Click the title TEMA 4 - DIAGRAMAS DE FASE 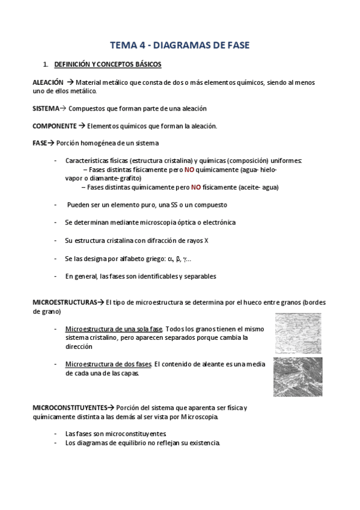point(180,45)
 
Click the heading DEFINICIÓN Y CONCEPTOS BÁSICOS point(107,64)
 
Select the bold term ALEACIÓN point(47,82)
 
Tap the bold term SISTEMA point(45,108)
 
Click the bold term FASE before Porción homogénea point(39,143)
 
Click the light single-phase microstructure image point(298,333)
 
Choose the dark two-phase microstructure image point(297,376)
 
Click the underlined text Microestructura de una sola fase point(114,329)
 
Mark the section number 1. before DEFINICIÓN point(44,64)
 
